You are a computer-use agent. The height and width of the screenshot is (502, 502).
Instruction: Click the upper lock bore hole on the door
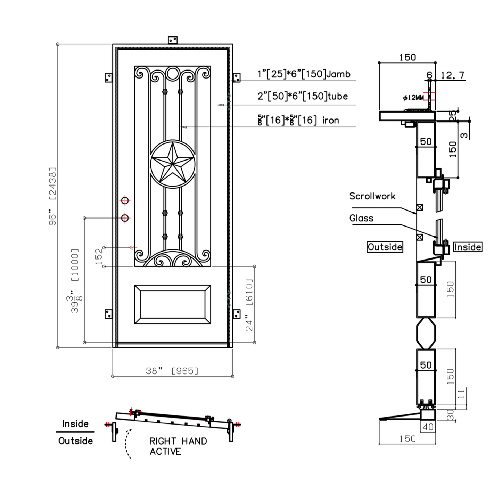(x=125, y=200)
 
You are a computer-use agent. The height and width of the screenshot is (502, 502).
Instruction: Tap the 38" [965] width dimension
(x=172, y=371)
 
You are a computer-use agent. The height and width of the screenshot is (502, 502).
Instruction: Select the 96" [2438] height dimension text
(x=52, y=196)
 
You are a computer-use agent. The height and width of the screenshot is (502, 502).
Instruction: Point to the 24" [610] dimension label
(x=249, y=305)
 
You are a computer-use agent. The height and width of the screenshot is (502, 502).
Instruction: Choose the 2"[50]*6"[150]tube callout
(x=302, y=96)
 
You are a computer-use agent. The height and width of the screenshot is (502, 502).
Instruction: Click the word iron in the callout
(x=330, y=121)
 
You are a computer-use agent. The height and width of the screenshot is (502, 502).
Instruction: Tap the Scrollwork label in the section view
(x=372, y=196)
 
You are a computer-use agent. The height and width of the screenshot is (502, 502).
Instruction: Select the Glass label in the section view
(x=361, y=218)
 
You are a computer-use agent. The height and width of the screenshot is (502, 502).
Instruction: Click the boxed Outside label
(x=385, y=247)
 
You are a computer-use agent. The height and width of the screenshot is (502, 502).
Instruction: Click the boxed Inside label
(x=468, y=247)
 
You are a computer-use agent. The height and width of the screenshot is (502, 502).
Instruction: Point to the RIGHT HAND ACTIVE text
(x=178, y=446)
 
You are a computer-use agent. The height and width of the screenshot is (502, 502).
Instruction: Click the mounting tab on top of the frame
(x=173, y=40)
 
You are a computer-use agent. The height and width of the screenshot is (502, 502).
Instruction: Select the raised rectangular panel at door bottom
(x=172, y=304)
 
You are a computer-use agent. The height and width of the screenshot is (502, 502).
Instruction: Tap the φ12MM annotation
(x=413, y=98)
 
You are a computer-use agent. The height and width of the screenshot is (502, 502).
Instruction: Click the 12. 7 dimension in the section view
(x=452, y=75)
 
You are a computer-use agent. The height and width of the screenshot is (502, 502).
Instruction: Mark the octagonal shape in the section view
(x=426, y=333)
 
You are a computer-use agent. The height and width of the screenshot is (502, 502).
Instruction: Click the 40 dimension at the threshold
(x=428, y=427)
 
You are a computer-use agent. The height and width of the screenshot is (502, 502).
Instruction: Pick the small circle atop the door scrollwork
(x=172, y=73)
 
